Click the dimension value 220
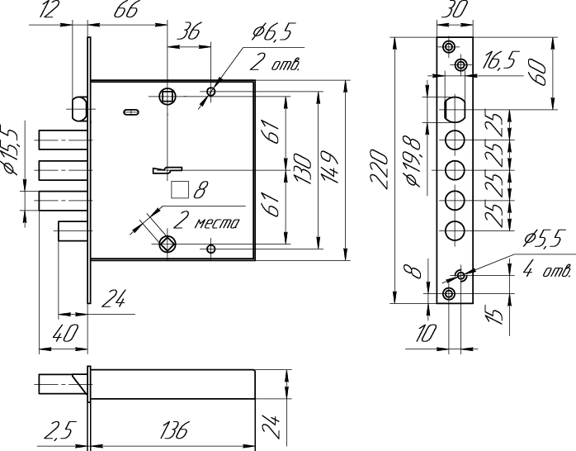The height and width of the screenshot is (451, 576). pos(379,169)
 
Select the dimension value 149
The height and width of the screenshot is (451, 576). pos(329,168)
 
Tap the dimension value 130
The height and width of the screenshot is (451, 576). pos(303,169)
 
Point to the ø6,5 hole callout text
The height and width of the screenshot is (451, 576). pos(271,32)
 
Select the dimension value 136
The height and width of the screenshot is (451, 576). pos(174,430)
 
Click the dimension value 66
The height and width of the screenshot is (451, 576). pos(126,10)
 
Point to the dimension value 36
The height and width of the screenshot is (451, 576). pos(188,32)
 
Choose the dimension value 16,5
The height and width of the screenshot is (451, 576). pos(499,60)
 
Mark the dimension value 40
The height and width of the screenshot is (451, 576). pos(65,334)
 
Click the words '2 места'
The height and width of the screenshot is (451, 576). pos(206,221)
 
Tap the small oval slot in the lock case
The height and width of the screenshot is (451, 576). pos(130,112)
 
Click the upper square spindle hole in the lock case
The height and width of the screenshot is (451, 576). pos(168,97)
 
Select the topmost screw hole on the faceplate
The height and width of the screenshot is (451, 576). pos(449,47)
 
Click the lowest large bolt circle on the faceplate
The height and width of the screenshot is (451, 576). pos(455,230)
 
